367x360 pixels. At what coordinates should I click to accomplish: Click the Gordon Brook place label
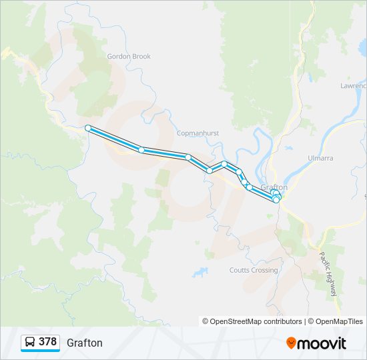tap(129, 57)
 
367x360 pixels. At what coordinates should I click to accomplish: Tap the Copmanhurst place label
tap(198, 133)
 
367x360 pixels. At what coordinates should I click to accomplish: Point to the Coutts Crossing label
tap(253, 270)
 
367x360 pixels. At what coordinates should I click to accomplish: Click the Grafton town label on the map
tap(274, 187)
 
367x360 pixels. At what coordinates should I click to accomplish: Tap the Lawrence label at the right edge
tap(353, 86)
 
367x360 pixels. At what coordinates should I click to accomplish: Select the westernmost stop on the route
tap(87, 128)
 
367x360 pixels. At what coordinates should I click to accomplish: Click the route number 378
tap(47, 342)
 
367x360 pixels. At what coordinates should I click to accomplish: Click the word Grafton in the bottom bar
tap(85, 343)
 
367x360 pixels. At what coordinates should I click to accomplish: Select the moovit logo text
tap(322, 343)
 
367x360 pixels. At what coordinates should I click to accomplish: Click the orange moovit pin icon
tap(291, 343)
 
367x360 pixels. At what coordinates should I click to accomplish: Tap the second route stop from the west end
tap(141, 149)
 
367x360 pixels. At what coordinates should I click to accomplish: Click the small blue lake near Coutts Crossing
tap(200, 272)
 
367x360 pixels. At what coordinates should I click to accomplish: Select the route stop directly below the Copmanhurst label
tap(189, 157)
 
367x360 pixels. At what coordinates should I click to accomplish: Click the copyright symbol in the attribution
tap(206, 321)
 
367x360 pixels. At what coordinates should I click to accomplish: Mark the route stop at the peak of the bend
tap(225, 163)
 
